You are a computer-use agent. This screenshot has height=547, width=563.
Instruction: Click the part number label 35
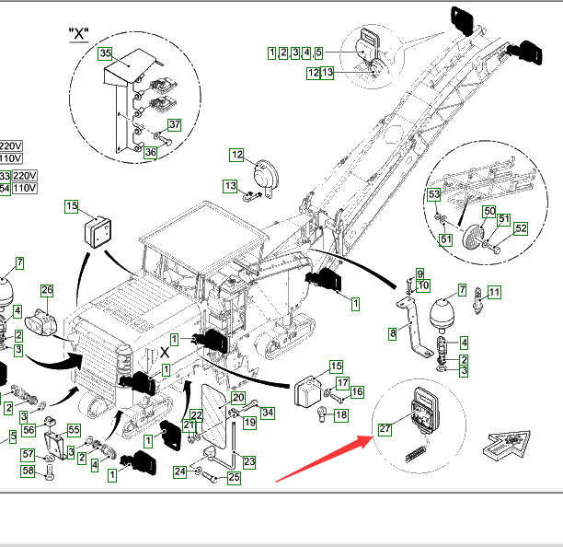[x=105, y=53]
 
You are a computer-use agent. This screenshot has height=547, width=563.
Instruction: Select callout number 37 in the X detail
[x=174, y=124]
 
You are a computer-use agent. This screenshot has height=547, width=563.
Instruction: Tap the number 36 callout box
[x=151, y=152]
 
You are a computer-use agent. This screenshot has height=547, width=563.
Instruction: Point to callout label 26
[x=47, y=291]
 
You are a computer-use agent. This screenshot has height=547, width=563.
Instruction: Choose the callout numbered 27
[x=385, y=427]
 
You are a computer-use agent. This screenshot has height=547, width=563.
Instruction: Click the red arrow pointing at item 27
[x=322, y=460]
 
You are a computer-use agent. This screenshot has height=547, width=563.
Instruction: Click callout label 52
[x=521, y=228]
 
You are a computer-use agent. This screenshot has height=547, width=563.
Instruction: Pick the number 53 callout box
[x=434, y=194]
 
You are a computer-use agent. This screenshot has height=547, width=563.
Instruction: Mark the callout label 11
[x=495, y=293]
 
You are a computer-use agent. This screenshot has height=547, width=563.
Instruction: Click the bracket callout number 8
[x=393, y=333]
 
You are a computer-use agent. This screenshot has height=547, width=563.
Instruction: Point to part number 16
[x=357, y=393]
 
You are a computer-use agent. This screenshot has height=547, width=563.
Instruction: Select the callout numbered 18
[x=341, y=415]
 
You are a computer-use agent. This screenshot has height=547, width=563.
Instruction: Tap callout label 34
[x=268, y=412]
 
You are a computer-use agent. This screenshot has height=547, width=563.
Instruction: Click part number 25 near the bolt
[x=234, y=477]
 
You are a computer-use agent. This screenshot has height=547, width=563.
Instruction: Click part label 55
[x=74, y=430]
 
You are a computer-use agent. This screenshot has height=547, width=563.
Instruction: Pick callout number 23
[x=248, y=461]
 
